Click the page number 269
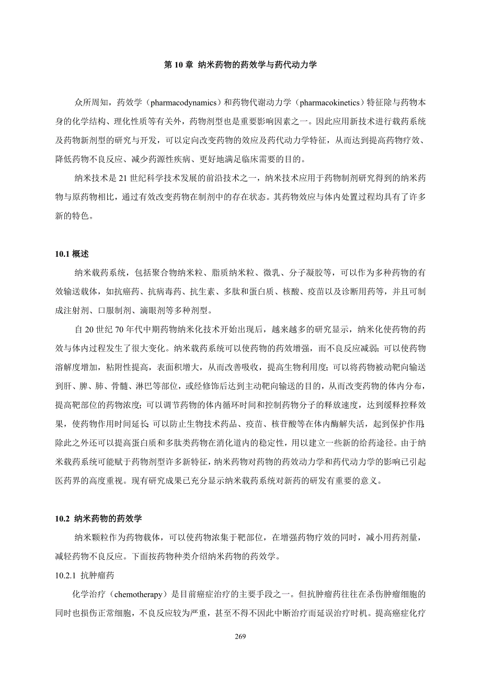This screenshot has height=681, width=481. (x=241, y=636)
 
